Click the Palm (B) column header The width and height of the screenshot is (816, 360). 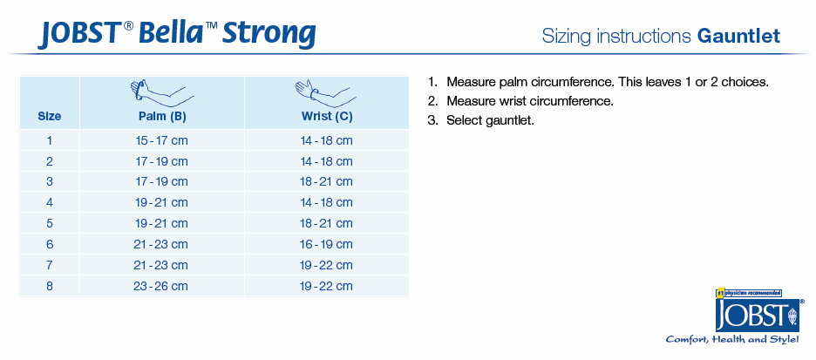pos(162,117)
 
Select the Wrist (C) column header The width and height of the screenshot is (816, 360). pos(327,117)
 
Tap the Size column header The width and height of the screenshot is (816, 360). pos(50,117)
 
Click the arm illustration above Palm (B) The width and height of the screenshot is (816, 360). pos(162,92)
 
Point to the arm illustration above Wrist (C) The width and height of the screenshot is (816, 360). pos(326,92)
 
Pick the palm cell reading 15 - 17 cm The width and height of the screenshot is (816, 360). pos(162,140)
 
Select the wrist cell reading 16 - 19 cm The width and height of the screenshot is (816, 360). pos(327,245)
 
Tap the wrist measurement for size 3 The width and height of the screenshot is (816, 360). pos(327,182)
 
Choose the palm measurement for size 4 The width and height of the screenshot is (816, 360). pos(162,203)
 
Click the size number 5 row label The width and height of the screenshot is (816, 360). pos(50,224)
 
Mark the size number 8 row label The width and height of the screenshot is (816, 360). pos(50,286)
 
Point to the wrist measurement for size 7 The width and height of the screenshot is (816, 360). pos(327,265)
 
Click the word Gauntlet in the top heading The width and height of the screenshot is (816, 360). pos(739,37)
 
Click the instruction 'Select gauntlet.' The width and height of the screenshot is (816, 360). pos(490,120)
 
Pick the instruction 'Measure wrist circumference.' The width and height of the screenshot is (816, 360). pos(530,101)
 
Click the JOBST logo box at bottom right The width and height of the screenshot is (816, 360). pos(758,314)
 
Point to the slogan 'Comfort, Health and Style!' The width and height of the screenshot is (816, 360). pos(732,340)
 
